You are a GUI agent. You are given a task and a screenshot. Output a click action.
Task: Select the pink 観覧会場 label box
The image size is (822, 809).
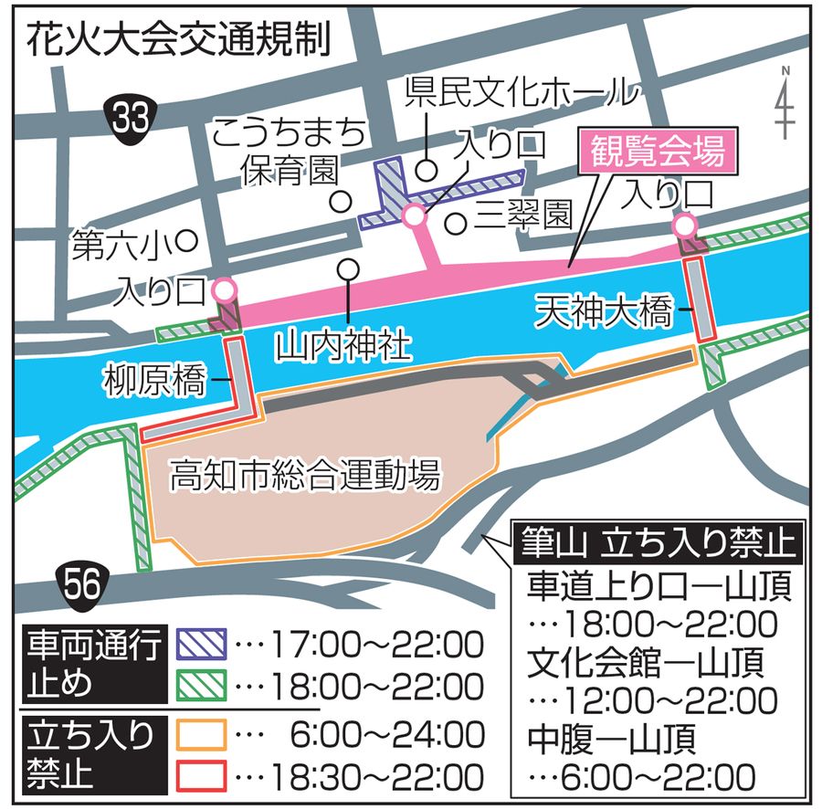coord(657,151)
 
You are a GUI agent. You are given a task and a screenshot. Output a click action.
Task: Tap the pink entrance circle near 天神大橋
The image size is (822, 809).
coord(684,226)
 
